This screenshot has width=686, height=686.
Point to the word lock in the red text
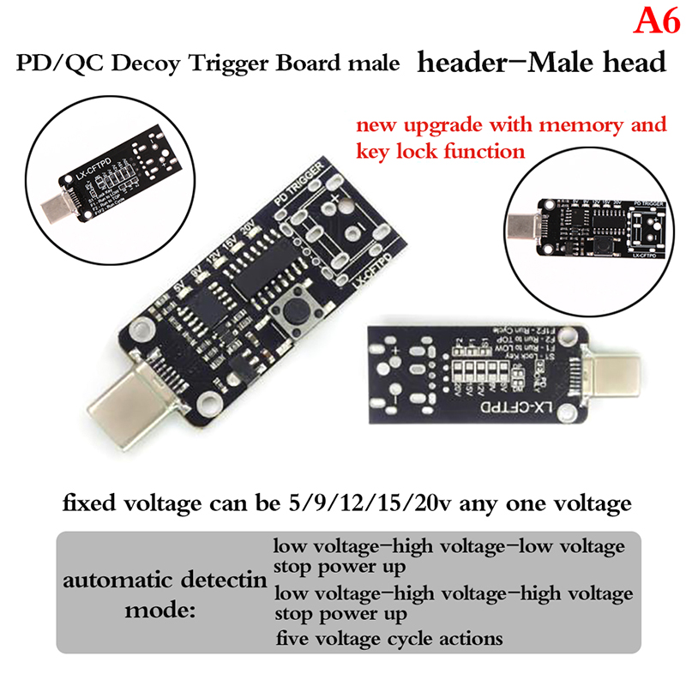coord(412,152)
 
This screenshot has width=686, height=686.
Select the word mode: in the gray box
coord(161,611)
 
